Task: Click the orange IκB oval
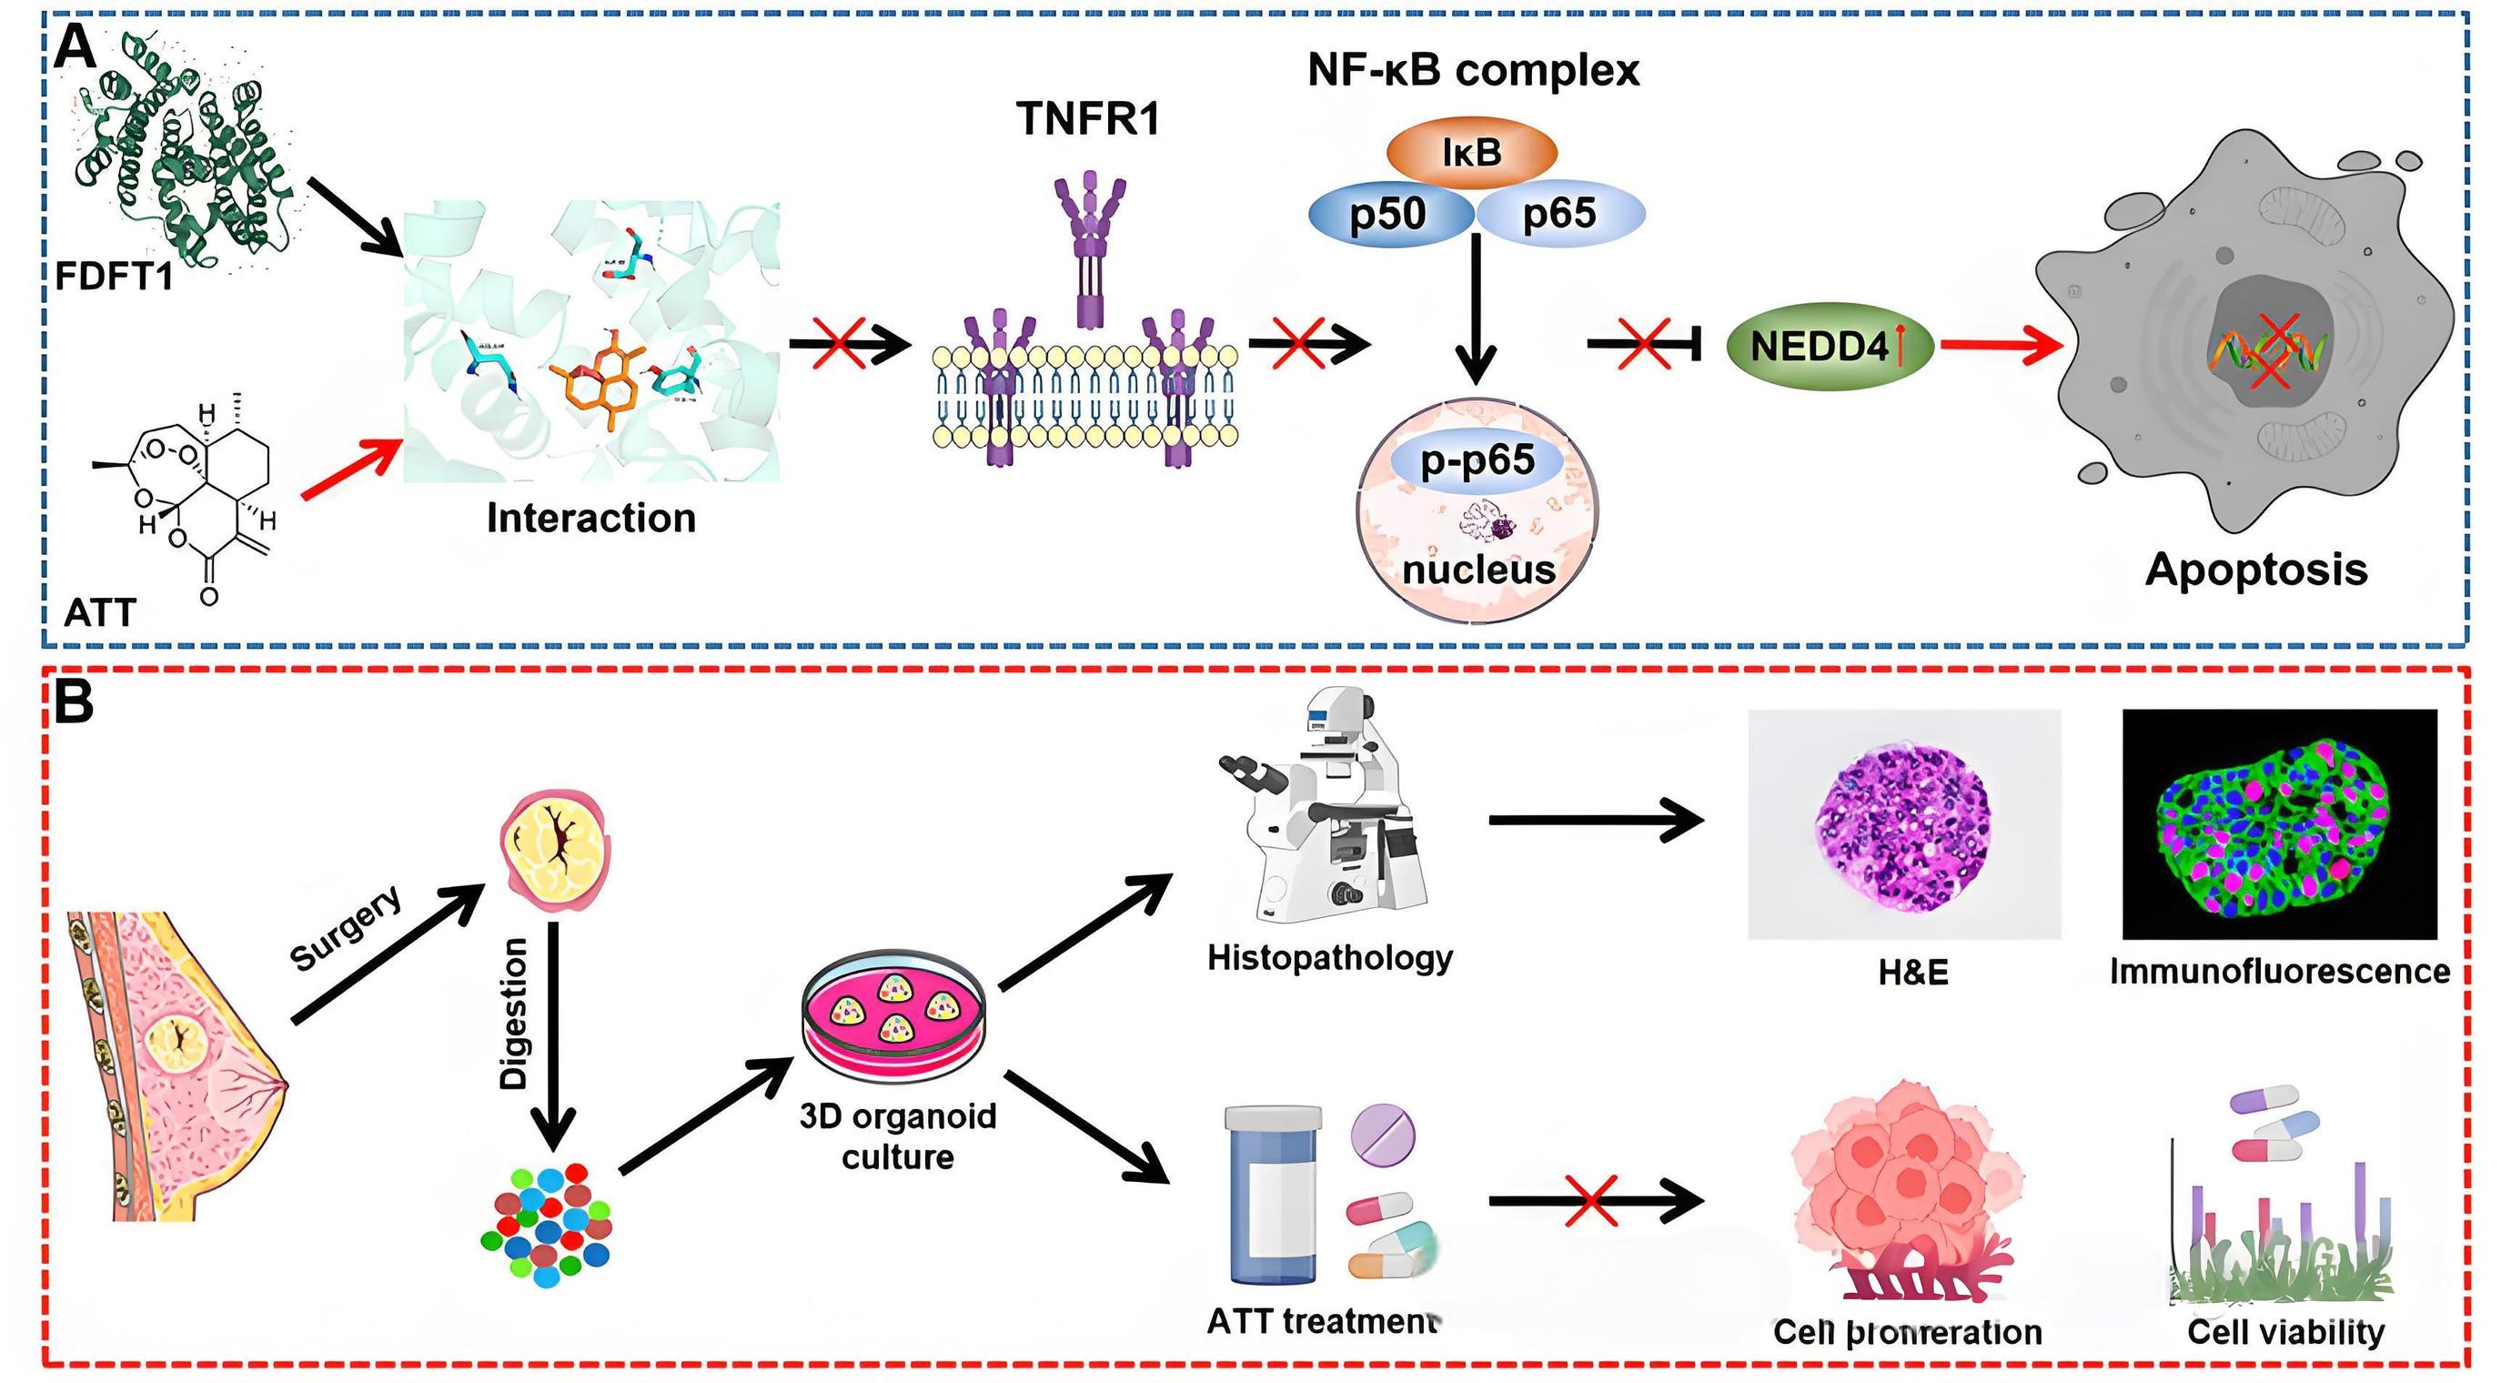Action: (1471, 152)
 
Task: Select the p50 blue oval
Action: (1389, 215)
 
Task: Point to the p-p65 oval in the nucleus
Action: (1477, 460)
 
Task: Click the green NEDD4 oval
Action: (1829, 346)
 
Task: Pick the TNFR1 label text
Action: (1089, 119)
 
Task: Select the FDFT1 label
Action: (114, 277)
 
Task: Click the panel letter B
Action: (74, 702)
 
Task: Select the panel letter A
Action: (74, 46)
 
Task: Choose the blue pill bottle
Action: (1273, 1195)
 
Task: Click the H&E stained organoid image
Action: (1903, 825)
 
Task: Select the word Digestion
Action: (514, 1014)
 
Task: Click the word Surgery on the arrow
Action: (346, 929)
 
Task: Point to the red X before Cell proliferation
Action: (1592, 1200)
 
